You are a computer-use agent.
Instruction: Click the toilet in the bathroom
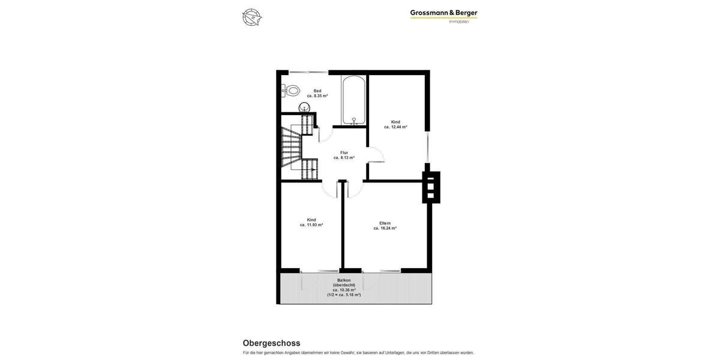click(292, 91)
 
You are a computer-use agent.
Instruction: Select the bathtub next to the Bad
click(354, 100)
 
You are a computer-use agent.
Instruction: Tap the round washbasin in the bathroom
click(305, 108)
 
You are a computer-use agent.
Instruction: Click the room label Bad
click(317, 91)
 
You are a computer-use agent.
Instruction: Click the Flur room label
click(344, 152)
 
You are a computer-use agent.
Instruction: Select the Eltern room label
click(385, 223)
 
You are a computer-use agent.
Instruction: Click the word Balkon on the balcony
click(344, 280)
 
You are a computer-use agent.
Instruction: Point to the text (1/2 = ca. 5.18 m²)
click(344, 295)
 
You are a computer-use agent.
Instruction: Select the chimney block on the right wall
click(431, 187)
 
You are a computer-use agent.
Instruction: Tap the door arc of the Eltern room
click(355, 189)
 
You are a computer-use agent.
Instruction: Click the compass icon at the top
click(252, 17)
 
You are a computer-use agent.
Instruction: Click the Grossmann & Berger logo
click(443, 13)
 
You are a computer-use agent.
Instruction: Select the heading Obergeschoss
click(271, 343)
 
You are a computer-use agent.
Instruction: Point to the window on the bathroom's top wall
click(308, 72)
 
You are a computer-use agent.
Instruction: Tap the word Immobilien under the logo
click(459, 22)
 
